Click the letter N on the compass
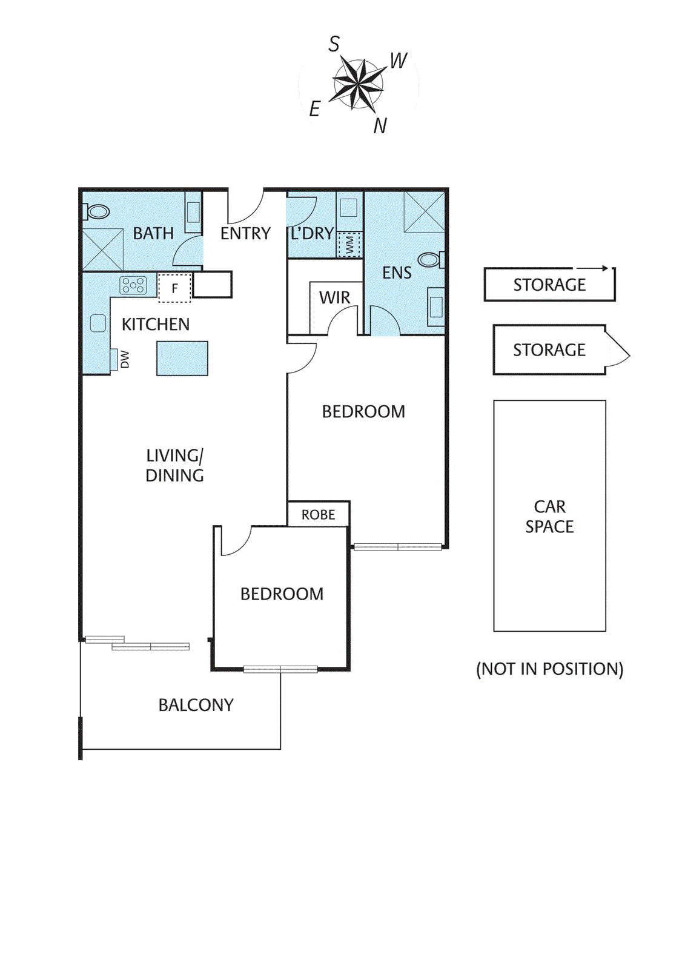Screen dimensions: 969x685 point(380,125)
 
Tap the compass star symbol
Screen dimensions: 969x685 point(358,84)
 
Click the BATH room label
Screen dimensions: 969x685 point(153,233)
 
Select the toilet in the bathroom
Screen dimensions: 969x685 point(97,211)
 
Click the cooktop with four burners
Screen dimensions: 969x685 point(133,285)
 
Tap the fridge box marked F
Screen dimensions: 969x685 point(174,288)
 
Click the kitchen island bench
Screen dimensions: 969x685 point(182,358)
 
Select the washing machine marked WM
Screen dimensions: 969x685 point(349,245)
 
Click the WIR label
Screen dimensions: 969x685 point(334,297)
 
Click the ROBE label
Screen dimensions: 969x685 point(318,515)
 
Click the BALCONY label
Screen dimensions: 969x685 point(196,705)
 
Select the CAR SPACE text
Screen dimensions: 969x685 point(549,517)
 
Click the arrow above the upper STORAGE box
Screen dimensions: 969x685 point(592,268)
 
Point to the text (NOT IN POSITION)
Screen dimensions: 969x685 point(549,669)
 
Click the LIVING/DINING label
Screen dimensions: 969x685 point(174,465)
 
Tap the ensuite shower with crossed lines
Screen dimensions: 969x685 point(425,211)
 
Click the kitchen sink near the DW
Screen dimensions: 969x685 point(98,323)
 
